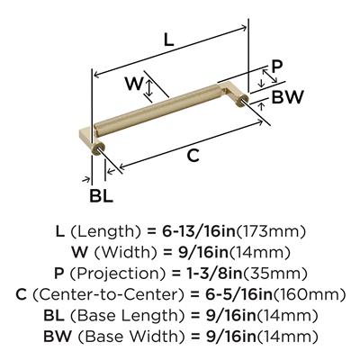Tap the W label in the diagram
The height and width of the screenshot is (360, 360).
click(x=134, y=84)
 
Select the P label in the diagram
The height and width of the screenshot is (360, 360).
click(x=276, y=67)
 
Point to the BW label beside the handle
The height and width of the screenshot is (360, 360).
click(x=287, y=97)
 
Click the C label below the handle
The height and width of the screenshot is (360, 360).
click(x=193, y=156)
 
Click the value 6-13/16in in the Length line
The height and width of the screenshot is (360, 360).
click(x=199, y=231)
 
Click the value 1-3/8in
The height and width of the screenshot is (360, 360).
click(x=212, y=274)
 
